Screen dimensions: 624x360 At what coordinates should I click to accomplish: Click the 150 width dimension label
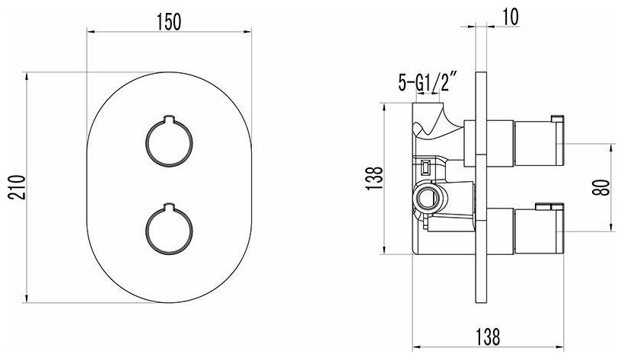(x=169, y=21)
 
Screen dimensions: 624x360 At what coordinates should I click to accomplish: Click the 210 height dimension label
(x=18, y=187)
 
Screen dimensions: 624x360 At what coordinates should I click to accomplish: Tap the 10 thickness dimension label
(x=511, y=17)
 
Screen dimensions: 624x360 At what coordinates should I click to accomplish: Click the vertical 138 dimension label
(x=374, y=178)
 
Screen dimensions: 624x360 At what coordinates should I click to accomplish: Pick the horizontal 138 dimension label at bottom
(x=488, y=337)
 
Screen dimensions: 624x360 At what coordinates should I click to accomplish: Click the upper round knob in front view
(x=169, y=141)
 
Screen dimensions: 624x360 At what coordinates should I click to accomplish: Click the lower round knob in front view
(x=169, y=229)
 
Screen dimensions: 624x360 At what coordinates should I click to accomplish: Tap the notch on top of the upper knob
(x=169, y=117)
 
